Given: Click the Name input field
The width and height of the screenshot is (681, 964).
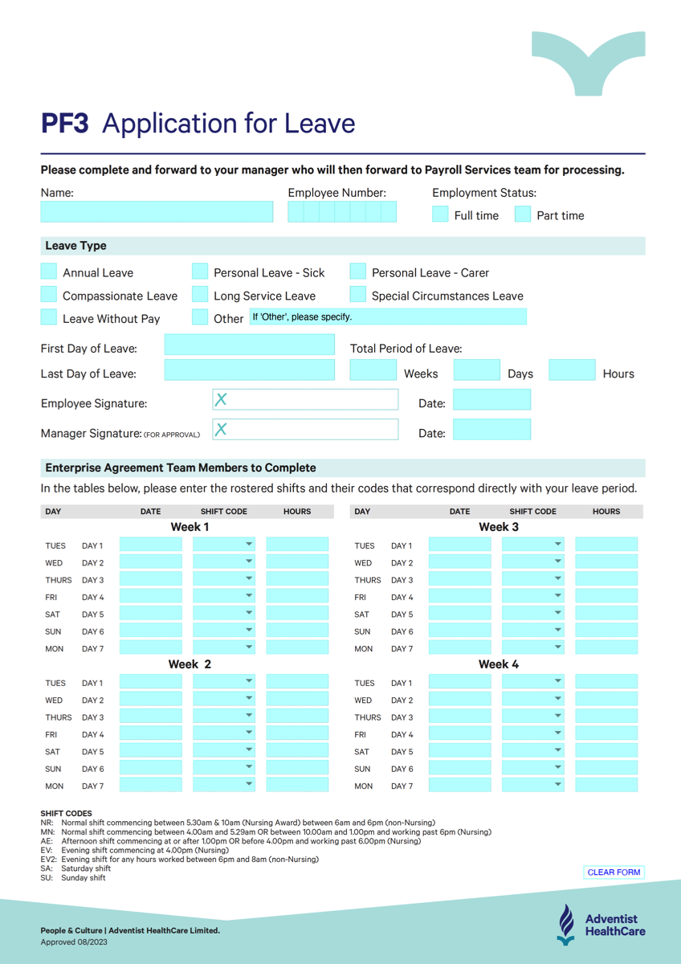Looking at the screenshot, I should [x=157, y=212].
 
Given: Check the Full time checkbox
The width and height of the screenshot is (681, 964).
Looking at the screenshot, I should [x=440, y=214].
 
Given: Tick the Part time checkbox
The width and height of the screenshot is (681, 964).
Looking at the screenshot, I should [x=523, y=214].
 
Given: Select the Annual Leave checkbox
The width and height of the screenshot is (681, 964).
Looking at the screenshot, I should [x=49, y=272].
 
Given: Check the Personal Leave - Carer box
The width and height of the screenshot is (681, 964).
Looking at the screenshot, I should [x=358, y=272].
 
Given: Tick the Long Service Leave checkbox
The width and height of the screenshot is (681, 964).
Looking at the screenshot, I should [x=200, y=295].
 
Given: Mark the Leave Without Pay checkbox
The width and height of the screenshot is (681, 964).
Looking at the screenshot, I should [x=49, y=317].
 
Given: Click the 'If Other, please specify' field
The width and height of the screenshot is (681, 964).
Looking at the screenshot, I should [x=388, y=317].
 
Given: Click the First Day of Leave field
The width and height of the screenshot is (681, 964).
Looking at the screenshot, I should [x=249, y=345].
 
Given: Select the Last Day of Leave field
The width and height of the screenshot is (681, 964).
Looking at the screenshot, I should [x=249, y=370].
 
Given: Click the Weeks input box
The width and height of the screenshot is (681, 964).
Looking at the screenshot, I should [x=373, y=370].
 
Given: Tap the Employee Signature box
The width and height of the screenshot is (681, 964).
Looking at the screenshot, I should [x=305, y=400].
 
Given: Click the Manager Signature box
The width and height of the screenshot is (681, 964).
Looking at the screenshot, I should [x=305, y=430].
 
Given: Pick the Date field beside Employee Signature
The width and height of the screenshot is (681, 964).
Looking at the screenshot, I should [x=491, y=400].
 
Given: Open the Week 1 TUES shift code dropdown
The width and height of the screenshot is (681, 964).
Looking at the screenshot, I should [x=224, y=545].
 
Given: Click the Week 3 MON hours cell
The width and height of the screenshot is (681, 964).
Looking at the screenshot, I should [x=606, y=647].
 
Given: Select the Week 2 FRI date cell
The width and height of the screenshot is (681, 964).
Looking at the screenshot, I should [x=151, y=733].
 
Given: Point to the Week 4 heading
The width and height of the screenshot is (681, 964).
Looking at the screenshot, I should [x=499, y=664].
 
